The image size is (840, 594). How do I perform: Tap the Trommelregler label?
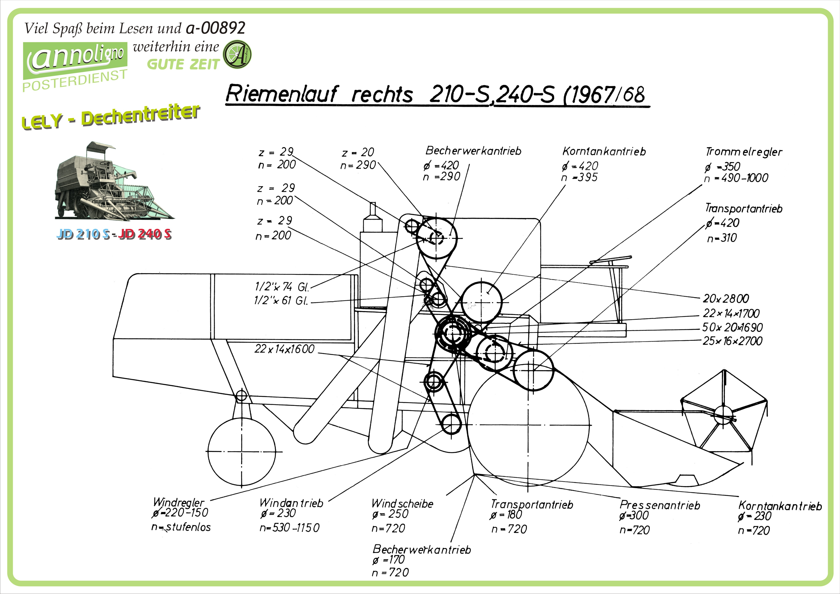pos(744,152)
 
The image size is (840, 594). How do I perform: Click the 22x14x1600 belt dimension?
pos(284,349)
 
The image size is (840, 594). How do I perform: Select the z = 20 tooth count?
pos(358,152)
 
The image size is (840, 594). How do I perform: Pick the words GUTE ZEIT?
pos(183,64)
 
